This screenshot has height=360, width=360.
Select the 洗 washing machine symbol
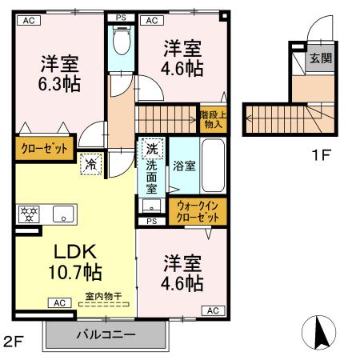click(x=150, y=148)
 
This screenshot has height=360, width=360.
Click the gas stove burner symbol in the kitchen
click(x=29, y=214)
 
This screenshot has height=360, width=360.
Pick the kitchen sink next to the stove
click(x=62, y=214)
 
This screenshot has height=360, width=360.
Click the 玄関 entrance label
click(x=321, y=57)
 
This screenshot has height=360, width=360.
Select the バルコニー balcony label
click(x=106, y=334)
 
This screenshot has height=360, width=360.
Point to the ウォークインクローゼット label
click(x=198, y=211)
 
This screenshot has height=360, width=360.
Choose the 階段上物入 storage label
click(x=212, y=118)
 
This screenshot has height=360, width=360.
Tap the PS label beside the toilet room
click(x=121, y=17)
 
